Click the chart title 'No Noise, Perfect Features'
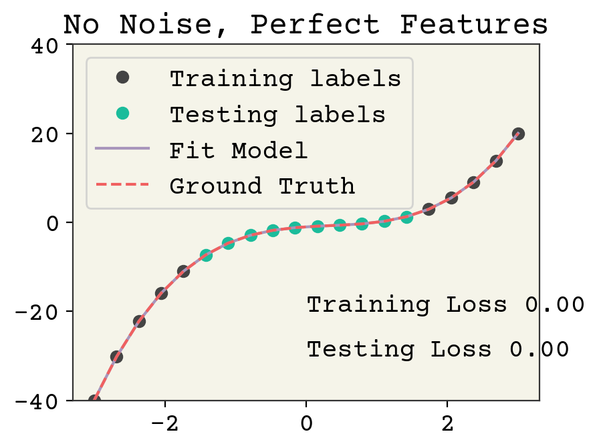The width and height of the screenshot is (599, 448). (306, 24)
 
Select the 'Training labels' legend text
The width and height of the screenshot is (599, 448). (285, 78)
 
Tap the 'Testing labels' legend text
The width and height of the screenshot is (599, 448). (277, 114)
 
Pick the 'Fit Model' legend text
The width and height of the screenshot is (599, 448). (239, 150)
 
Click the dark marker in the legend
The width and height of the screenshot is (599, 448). (122, 77)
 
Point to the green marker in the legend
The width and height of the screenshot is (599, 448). (122, 114)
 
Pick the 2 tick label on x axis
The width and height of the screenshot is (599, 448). (447, 423)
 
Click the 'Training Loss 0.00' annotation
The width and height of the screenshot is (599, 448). (445, 304)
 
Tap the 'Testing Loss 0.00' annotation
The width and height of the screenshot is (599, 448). (438, 349)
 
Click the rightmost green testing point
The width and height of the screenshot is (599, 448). (406, 217)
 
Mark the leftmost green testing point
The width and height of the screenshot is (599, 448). (206, 256)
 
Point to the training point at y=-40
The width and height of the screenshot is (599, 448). (94, 401)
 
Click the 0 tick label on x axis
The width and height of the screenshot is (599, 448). (306, 423)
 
